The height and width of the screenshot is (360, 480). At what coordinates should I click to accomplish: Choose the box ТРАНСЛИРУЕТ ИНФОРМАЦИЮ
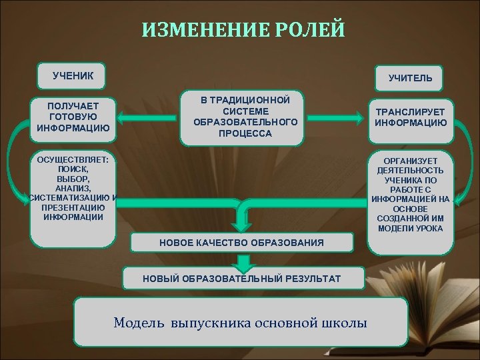pos(411,117)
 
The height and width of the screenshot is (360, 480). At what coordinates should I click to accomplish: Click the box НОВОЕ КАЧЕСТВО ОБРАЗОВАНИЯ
pos(241,243)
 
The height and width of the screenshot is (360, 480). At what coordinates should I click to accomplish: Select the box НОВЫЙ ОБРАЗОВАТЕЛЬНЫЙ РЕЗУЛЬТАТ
pos(241,277)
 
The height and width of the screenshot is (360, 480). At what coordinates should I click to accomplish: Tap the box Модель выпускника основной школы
pos(240,323)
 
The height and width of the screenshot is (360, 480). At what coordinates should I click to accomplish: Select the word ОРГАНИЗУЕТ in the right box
pos(411,161)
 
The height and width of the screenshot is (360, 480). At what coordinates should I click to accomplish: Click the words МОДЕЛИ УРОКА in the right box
pos(411,229)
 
